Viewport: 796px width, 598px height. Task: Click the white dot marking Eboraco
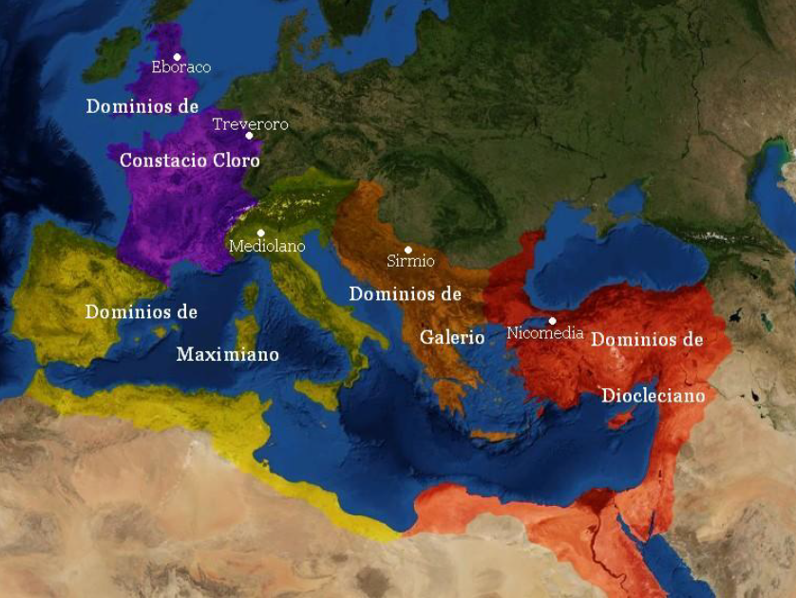pos(177,56)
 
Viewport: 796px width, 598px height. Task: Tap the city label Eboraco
pos(181,67)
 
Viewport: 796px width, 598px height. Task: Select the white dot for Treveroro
pos(250,136)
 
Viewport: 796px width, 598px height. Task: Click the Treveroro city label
pos(250,124)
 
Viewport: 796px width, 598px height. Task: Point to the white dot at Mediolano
pos(260,233)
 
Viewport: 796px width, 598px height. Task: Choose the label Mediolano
pos(267,246)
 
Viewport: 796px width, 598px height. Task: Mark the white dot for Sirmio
pos(408,250)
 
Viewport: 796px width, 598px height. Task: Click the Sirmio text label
pos(410,261)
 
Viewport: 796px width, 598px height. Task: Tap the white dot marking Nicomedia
pos(552,321)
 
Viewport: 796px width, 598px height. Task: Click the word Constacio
pos(163,160)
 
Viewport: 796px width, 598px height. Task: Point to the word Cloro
pos(237,160)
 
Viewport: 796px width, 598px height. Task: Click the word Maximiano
pos(228,354)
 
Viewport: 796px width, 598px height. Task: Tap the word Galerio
pos(452,337)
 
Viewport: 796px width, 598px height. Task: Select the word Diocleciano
pos(654,395)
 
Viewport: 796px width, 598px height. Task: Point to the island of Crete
pos(493,436)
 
